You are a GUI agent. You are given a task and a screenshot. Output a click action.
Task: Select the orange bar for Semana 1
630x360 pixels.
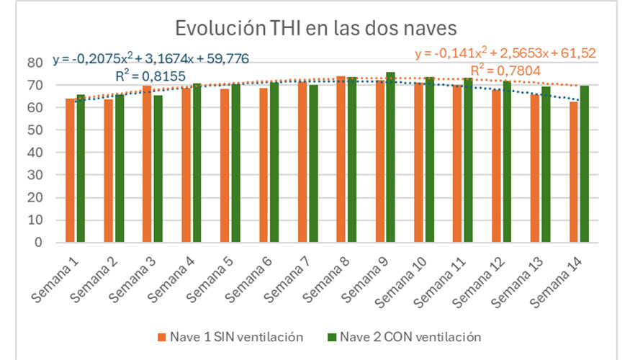[x=70, y=171]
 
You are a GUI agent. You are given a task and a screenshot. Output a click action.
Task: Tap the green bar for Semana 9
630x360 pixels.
[x=390, y=158]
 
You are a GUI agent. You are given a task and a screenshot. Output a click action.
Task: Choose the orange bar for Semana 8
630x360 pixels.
[x=341, y=159]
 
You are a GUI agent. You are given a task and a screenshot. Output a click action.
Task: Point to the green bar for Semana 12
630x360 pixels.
[x=506, y=162]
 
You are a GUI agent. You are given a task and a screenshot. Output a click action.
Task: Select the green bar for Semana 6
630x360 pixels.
[x=274, y=163]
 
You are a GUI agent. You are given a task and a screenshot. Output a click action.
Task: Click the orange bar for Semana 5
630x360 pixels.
[x=225, y=166]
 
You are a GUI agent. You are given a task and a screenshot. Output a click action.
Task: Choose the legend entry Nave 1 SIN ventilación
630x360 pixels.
[x=231, y=336]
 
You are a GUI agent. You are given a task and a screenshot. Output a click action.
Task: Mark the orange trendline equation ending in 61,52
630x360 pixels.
[x=505, y=53]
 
